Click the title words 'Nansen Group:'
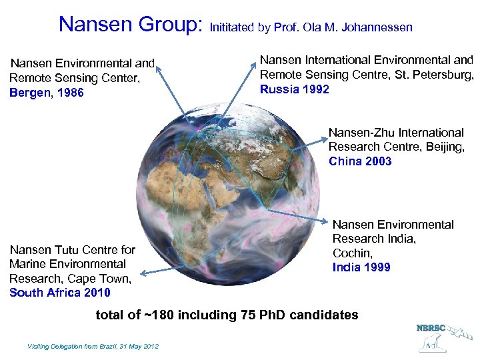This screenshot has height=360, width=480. pos(130,25)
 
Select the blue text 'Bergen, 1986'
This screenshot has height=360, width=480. pos(47,93)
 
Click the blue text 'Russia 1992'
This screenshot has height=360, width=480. pos(294,89)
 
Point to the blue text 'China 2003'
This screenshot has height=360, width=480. pos(360,161)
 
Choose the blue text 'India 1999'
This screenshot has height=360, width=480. pos(361,267)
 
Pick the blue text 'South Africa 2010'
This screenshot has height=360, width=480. pos(60,292)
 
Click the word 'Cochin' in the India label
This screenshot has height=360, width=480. pos(352,253)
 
